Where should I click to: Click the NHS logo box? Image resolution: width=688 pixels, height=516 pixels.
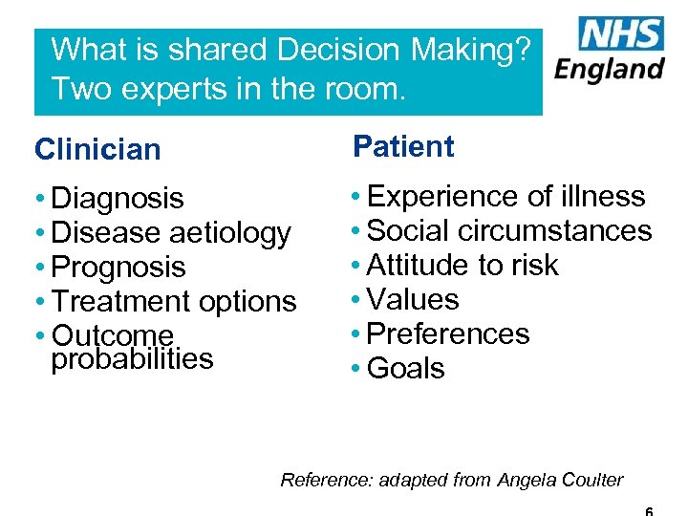tap(621, 34)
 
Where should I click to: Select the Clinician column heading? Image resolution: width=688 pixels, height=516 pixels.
tap(97, 149)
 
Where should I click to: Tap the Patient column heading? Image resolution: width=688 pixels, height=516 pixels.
tap(403, 146)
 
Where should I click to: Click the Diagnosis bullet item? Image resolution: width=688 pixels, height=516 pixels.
tap(117, 198)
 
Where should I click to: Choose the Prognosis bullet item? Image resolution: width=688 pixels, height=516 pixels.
tap(118, 267)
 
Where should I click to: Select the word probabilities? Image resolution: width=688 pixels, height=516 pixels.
tap(132, 358)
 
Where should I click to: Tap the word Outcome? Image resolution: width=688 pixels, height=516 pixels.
tap(113, 335)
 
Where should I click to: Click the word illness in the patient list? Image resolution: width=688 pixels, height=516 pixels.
tap(603, 196)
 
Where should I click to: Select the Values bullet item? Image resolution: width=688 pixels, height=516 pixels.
tap(412, 299)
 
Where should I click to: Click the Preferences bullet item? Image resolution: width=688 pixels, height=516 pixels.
tap(447, 333)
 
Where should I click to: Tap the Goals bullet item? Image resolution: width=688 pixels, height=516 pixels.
tap(405, 368)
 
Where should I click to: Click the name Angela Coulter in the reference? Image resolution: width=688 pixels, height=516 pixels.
tap(560, 480)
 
